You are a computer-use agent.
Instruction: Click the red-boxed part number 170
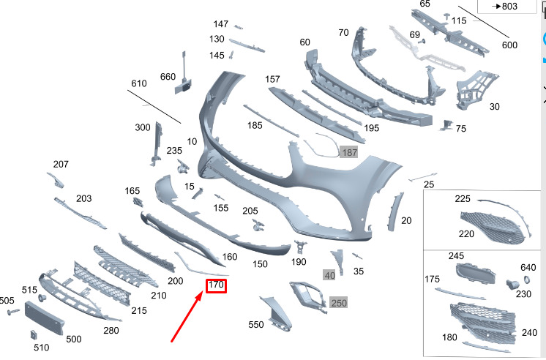[x=216, y=285]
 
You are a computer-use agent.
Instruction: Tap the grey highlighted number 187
[x=349, y=152]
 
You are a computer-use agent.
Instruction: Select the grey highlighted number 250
[x=338, y=302]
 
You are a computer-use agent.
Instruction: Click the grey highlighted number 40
[x=329, y=275]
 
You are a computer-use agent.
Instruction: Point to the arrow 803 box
[x=505, y=7]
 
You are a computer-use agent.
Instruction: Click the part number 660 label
[x=168, y=78]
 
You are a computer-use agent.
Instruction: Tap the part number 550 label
[x=256, y=324]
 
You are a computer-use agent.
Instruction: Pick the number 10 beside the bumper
[x=192, y=141]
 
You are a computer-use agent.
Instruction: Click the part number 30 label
[x=495, y=107]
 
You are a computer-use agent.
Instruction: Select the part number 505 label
[x=7, y=300]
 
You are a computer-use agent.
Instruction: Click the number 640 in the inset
[x=528, y=267]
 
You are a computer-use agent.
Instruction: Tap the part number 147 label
[x=221, y=24]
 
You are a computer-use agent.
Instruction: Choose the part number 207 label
[x=61, y=164]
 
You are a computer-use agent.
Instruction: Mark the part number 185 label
[x=255, y=126]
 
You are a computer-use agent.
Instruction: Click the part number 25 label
[x=429, y=184]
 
